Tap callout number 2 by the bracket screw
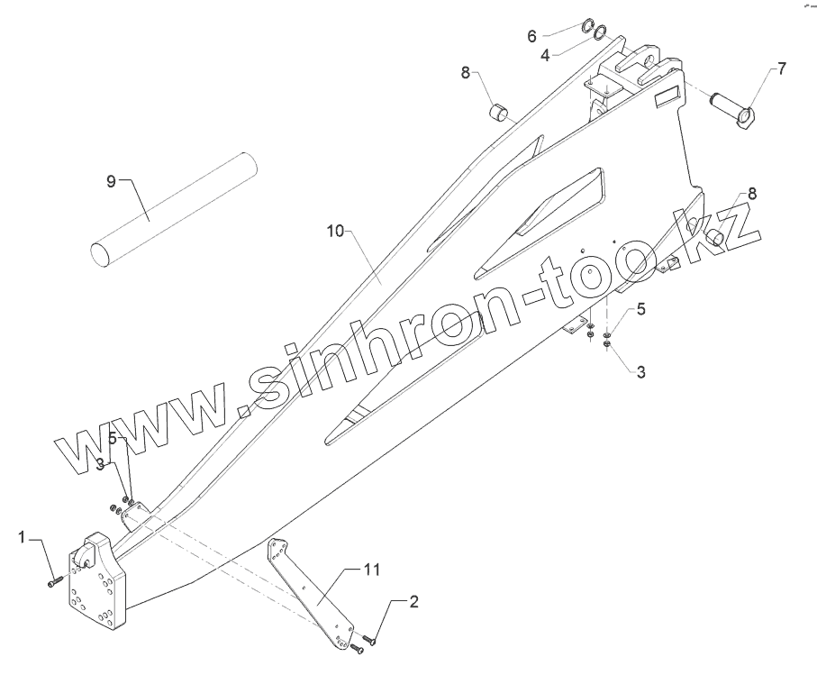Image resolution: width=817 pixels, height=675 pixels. pos(413,601)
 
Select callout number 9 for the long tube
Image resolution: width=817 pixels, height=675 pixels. pos(112,181)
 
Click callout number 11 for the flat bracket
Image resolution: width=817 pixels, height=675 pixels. pos(372,570)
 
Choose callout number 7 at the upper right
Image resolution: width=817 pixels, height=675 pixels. pos(781,68)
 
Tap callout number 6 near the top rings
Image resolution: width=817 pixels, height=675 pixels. pos(531,36)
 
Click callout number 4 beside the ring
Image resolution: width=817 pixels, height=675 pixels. pos(544,55)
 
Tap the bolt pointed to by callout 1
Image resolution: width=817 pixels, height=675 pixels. pos(53,582)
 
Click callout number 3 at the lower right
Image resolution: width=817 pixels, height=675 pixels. pos(640,370)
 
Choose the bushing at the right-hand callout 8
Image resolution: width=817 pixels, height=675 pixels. pos(717,237)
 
